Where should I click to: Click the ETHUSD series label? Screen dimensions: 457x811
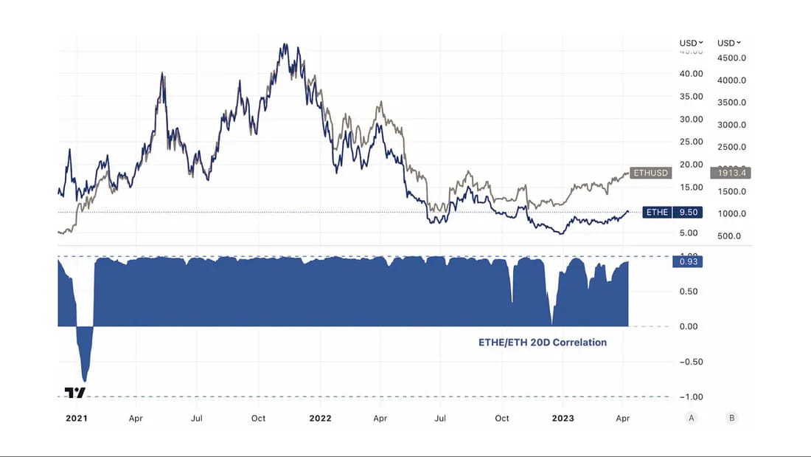pos(650,173)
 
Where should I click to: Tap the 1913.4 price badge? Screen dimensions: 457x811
pos(729,173)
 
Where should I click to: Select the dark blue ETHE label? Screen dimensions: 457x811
pos(656,213)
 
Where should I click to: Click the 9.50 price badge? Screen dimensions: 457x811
pos(688,213)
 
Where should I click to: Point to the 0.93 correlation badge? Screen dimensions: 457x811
pos(687,261)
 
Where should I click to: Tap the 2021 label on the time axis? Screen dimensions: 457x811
pos(76,418)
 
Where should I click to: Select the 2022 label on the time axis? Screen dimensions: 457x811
pos(320,418)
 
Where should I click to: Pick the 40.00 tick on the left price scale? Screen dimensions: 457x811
pos(691,74)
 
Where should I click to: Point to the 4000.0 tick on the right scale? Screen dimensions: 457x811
pos(732,80)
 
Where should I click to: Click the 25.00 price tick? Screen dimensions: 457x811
pos(691,142)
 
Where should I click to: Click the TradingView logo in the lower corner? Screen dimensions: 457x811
pos(74,393)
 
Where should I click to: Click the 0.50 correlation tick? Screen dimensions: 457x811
pos(691,291)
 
